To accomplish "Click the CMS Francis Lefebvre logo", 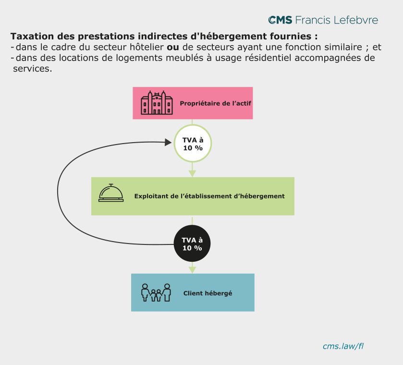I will point(323,20).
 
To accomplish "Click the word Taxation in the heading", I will point(31,36).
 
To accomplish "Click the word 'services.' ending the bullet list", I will point(32,69).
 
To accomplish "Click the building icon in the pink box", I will point(157,103).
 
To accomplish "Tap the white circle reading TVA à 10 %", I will point(192,144).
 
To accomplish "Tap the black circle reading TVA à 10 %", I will point(192,244).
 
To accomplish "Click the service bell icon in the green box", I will point(111,193).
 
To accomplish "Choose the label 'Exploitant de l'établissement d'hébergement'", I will point(209,196).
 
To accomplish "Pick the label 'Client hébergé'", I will point(208,293).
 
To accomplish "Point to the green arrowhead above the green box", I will point(192,172).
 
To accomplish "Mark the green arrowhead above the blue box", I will point(192,269).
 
